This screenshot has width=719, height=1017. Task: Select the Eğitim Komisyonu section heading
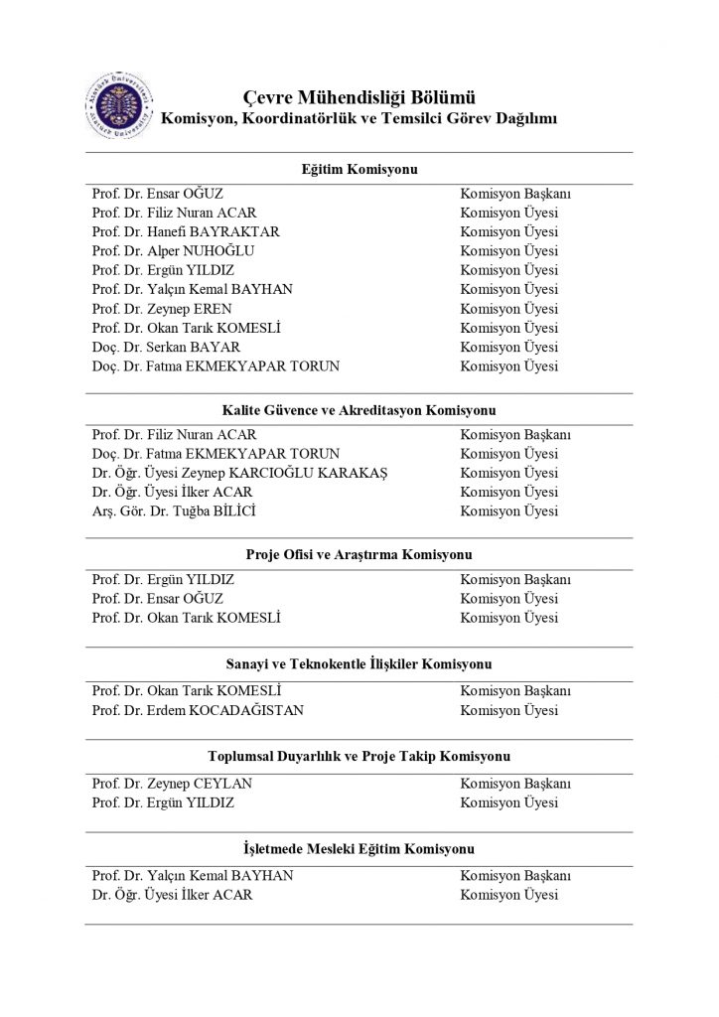click(359, 170)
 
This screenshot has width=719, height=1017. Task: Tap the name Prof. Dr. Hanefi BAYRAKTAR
click(186, 231)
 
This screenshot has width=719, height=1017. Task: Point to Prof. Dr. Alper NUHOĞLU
click(178, 251)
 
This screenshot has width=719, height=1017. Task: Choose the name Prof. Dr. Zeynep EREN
click(161, 309)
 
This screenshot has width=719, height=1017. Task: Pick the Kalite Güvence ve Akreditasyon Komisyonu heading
click(359, 410)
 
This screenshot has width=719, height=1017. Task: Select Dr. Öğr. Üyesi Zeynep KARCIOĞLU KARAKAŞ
click(239, 473)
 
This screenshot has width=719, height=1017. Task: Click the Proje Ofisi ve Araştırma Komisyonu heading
click(359, 555)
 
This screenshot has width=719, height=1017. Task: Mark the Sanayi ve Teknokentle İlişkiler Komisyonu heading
click(359, 664)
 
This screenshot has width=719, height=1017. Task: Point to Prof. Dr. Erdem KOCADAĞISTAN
click(198, 710)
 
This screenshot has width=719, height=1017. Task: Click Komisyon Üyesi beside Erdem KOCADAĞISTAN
click(508, 710)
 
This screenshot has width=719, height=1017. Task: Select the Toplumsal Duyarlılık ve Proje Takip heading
click(359, 757)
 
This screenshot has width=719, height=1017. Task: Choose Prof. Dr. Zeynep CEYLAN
click(172, 784)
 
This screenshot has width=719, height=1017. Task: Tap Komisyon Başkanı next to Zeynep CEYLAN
click(514, 784)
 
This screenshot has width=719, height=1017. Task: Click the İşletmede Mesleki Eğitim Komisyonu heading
click(359, 849)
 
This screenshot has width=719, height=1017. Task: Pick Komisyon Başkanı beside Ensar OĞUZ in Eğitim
click(514, 194)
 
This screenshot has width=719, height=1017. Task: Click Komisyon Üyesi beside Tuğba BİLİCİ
click(508, 511)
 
